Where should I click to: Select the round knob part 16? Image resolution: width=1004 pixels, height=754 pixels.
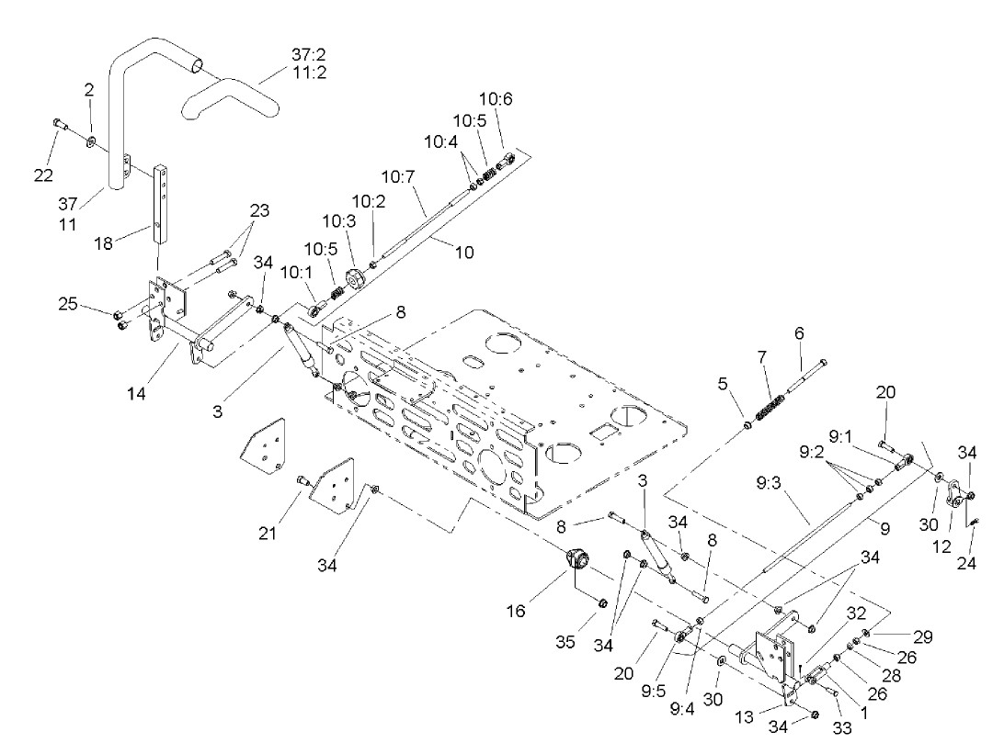[x=578, y=558]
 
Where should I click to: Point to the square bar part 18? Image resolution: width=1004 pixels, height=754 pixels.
[x=164, y=201]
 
